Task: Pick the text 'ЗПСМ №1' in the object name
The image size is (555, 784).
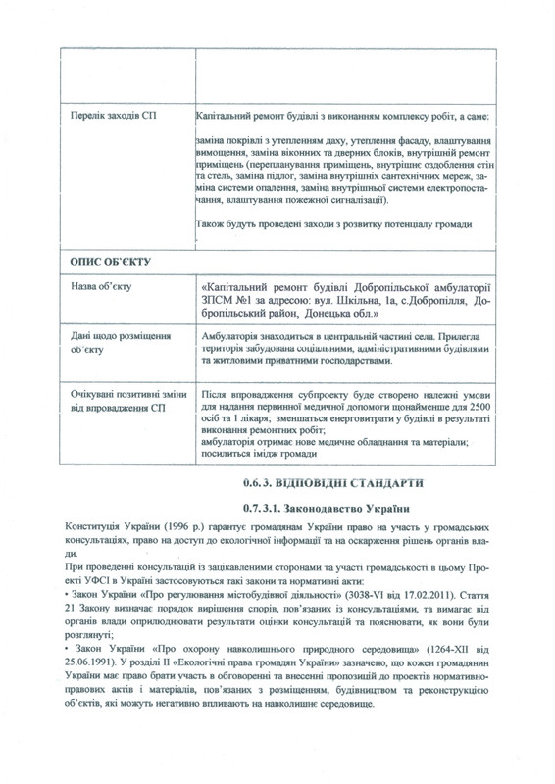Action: point(227,304)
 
